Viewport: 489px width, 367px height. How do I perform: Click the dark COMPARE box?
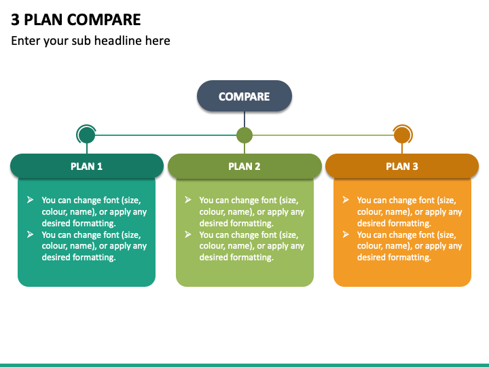pos(244,96)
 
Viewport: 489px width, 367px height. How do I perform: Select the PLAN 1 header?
pos(87,166)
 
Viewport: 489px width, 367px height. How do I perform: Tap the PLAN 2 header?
pos(244,166)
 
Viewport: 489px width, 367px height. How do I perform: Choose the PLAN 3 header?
pos(402,166)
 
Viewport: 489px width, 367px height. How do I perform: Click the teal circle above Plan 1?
pos(87,135)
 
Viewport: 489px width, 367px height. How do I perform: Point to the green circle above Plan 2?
pos(244,135)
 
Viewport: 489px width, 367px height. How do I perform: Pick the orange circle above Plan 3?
pos(402,135)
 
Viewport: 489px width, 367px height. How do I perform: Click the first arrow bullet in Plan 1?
pos(31,200)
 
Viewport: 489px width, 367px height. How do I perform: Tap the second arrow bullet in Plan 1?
pos(31,234)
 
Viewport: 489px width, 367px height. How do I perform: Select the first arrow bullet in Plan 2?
pos(187,200)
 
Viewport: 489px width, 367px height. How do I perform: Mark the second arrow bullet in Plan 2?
pos(187,234)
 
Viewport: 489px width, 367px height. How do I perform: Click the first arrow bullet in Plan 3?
pos(346,200)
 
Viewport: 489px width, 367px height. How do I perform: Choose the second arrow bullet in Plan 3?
pos(346,234)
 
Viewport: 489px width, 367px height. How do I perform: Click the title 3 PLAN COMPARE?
pos(76,19)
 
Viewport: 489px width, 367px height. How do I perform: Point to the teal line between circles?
pos(166,135)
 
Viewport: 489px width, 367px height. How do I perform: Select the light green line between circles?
pos(323,135)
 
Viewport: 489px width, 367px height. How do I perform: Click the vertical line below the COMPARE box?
pos(244,120)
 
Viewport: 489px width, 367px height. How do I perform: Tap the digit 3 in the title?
pos(15,19)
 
